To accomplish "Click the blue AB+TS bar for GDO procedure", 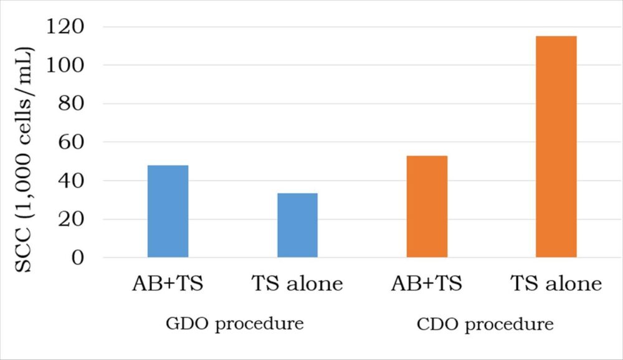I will [x=168, y=211].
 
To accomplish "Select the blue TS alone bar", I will [x=297, y=225].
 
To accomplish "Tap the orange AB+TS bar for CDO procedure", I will [x=427, y=206].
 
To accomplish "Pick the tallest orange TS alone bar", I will [x=556, y=146].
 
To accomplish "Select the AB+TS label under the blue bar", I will [x=168, y=284].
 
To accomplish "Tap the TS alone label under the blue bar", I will [x=297, y=284].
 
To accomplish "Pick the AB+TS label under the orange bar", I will [x=427, y=284].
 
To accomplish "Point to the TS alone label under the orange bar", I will [x=556, y=284].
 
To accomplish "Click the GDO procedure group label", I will [x=234, y=324].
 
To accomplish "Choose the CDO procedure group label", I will [x=484, y=324].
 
